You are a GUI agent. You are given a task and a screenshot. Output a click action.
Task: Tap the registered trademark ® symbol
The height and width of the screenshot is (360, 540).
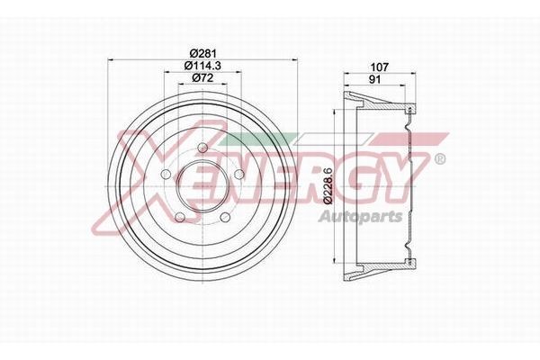coord(438,159)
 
